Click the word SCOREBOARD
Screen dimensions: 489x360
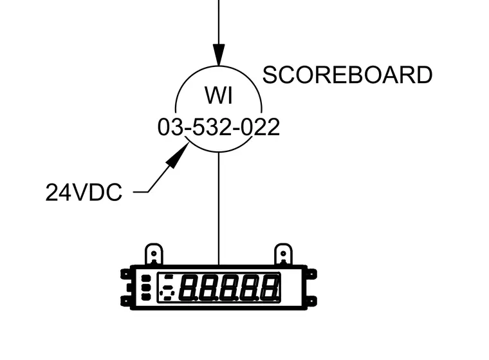[347, 75]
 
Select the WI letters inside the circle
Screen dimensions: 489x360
[219, 95]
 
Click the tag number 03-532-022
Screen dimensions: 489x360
[219, 127]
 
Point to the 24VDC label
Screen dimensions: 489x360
[84, 193]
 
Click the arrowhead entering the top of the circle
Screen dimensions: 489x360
[219, 55]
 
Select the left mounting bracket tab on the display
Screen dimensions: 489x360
[154, 254]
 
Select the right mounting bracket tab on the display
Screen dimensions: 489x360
[283, 254]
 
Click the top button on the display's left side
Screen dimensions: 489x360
[146, 278]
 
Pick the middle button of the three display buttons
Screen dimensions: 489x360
[146, 287]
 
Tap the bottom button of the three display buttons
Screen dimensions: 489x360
[146, 296]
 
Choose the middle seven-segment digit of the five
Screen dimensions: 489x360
[228, 287]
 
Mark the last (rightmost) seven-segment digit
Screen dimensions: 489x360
[269, 287]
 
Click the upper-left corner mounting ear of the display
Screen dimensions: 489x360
[125, 274]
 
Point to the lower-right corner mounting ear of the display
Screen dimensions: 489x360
[312, 301]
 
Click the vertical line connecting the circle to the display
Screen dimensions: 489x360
[219, 209]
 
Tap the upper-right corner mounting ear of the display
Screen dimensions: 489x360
[312, 274]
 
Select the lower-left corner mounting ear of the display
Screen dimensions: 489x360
[125, 301]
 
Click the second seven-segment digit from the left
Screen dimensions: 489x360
[208, 287]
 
